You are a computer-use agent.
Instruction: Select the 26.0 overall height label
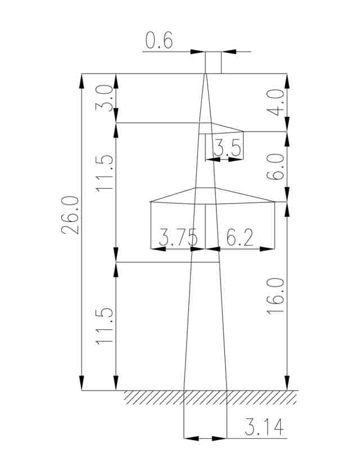tap(70, 215)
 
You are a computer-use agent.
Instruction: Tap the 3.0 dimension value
tap(104, 98)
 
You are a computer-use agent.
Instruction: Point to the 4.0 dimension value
tap(276, 103)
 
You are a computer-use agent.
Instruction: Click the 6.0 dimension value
tap(276, 167)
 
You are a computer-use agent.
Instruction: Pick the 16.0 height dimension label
tap(276, 296)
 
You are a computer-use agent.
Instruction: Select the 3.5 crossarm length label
tap(228, 148)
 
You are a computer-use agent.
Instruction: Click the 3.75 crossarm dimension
tap(178, 237)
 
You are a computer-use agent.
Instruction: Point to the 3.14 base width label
tap(264, 427)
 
